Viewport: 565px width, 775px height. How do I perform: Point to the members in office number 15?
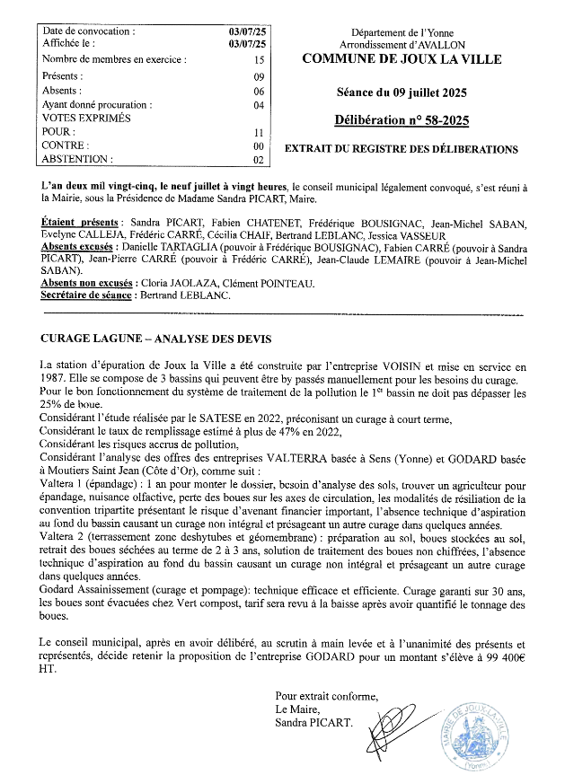click(x=259, y=60)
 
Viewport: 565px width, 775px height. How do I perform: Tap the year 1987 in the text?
click(x=55, y=378)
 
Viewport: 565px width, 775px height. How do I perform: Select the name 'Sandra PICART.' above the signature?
click(x=313, y=721)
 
